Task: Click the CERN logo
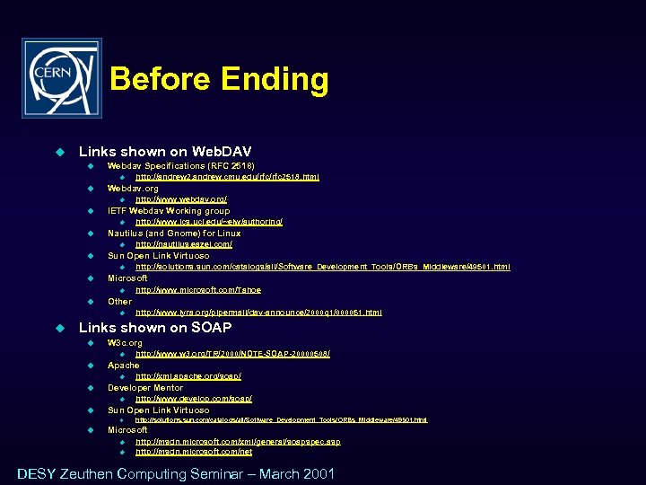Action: point(62,78)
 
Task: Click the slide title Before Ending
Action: point(219,80)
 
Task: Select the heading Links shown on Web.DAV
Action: point(165,152)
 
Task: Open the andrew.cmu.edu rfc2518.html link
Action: point(227,177)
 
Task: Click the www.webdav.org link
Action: point(181,199)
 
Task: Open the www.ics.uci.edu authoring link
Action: point(209,222)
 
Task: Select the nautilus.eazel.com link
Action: point(184,244)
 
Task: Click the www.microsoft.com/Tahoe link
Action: point(198,290)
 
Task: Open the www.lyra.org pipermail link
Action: point(258,313)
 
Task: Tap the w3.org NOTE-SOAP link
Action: point(232,354)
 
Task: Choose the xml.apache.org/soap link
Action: point(188,376)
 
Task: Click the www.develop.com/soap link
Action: point(194,399)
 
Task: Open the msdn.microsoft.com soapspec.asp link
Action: point(238,441)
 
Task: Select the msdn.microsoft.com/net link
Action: point(194,452)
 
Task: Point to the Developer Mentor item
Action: point(145,388)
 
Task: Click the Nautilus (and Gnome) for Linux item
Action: point(174,234)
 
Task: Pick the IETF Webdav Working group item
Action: point(169,211)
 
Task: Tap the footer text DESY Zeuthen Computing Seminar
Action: point(176,474)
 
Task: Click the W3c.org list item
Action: point(125,343)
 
